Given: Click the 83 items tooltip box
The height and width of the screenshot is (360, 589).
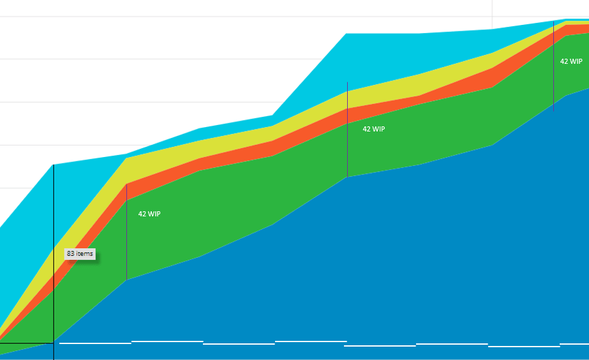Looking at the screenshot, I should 80,253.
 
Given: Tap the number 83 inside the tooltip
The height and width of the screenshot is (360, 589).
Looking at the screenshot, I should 71,253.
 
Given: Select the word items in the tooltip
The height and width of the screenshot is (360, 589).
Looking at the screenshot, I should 85,253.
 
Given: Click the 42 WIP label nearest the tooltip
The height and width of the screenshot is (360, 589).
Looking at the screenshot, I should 149,214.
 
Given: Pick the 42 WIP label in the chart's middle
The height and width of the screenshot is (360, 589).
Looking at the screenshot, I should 374,129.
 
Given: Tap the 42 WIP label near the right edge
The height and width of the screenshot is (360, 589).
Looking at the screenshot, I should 570,62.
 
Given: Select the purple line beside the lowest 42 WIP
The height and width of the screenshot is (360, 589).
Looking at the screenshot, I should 126,233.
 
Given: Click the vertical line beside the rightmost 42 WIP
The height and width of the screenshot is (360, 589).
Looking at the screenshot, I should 553,64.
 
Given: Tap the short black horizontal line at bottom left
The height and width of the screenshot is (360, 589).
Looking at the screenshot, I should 26,343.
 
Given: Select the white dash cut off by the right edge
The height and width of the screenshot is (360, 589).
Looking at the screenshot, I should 574,344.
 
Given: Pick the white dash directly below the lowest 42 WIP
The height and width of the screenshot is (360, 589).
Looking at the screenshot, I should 167,341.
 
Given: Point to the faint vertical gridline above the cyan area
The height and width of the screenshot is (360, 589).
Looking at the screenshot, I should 492,13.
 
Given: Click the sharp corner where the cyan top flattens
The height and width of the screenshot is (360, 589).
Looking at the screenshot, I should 347,34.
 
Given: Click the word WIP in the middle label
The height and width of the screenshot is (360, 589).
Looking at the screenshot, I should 378,129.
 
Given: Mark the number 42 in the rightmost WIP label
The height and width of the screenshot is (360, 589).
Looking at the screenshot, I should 564,62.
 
